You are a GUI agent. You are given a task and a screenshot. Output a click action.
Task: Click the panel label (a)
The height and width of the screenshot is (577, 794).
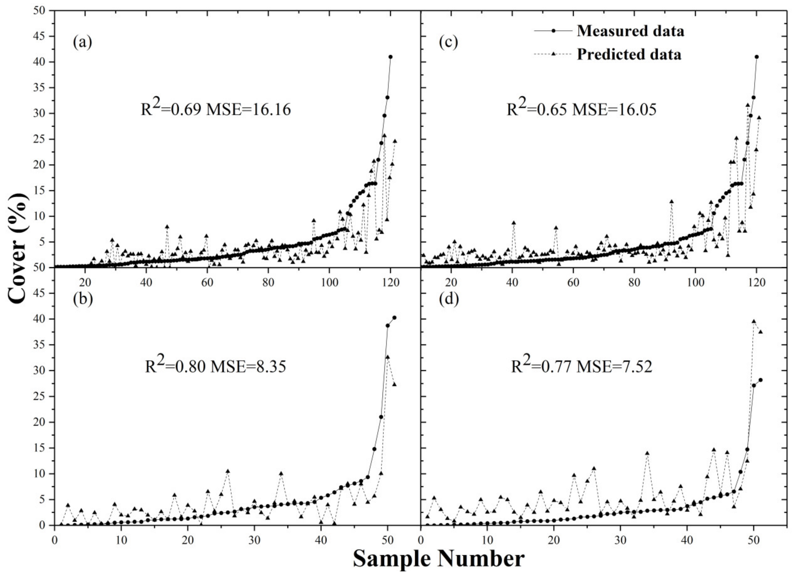[83, 42]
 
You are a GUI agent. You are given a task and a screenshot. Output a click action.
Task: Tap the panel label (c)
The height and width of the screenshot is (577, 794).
[448, 42]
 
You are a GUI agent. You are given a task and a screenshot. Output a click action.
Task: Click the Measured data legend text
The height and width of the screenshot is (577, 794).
[630, 31]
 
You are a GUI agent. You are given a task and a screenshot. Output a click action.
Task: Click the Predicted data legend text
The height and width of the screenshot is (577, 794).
[629, 54]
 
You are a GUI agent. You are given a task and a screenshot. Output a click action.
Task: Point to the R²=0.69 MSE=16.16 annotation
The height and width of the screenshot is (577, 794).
[216, 109]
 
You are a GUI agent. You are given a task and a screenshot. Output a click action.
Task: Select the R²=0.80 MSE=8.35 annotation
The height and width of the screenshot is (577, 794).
[216, 366]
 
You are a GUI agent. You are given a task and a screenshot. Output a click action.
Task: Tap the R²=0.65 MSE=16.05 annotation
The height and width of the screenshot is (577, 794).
[582, 109]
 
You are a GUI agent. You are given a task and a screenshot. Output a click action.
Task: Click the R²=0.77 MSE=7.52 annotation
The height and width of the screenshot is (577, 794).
[582, 366]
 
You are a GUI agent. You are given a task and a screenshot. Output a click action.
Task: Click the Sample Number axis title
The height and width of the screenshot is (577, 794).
[438, 559]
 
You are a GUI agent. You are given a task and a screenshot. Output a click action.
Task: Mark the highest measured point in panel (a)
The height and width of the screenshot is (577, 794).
[390, 57]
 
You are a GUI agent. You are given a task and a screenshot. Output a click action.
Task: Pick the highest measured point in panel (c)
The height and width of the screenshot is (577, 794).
[757, 57]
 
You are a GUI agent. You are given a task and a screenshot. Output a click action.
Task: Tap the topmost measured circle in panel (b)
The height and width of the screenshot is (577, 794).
[394, 318]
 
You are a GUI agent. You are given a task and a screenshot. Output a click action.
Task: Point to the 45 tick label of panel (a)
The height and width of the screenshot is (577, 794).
[41, 37]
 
